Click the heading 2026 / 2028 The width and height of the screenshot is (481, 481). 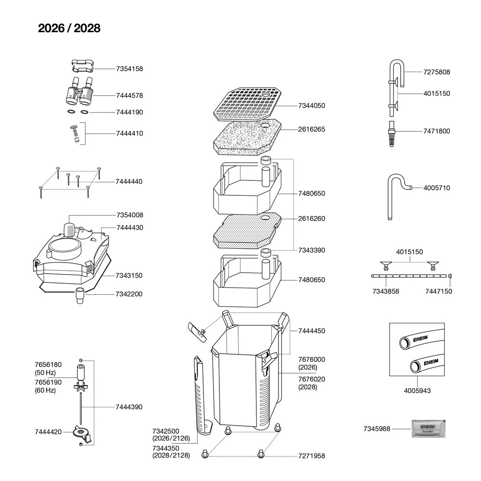69,28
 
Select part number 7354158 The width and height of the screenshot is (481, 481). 129,69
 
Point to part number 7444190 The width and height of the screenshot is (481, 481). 129,112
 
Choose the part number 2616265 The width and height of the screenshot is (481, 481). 311,129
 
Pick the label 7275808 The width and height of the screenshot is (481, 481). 437,72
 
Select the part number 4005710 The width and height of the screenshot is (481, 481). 437,188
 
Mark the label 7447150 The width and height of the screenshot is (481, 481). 438,291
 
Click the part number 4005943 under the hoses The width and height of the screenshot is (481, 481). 417,391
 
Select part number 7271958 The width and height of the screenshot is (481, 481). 311,456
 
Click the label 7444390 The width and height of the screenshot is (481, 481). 129,407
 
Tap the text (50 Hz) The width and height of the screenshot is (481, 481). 45,373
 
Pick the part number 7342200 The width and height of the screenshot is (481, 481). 129,294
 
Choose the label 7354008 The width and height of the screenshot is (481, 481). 129,215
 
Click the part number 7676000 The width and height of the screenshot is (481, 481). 311,359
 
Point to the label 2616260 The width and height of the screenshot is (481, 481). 311,218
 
